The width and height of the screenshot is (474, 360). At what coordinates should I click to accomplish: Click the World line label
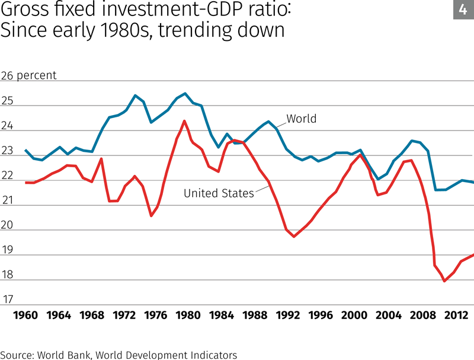pos(302,119)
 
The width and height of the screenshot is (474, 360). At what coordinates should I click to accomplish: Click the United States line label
pos(219,193)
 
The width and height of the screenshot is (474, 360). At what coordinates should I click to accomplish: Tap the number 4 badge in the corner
pos(463,9)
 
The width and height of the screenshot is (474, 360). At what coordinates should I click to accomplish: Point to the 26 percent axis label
pos(29,76)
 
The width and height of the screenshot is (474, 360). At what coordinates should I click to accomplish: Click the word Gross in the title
pos(24,10)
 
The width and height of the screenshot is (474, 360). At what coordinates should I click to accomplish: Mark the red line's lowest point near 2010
pos(444,281)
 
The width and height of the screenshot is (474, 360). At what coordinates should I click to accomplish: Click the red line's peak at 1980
pos(184,121)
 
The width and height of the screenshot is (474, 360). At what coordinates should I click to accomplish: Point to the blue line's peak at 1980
pos(185,93)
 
